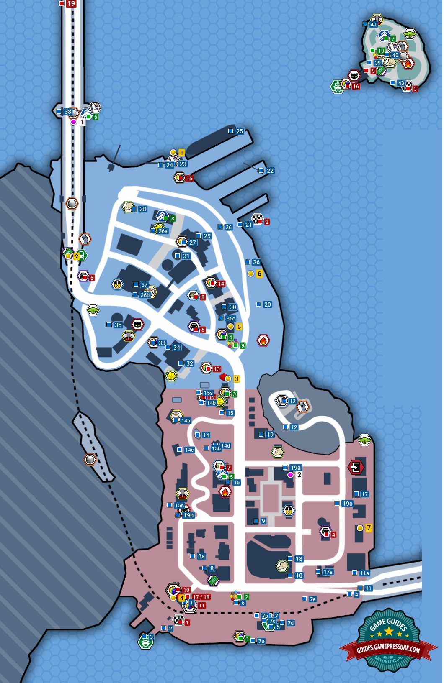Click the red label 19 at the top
click(71, 4)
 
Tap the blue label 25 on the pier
click(239, 131)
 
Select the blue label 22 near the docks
click(270, 171)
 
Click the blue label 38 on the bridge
click(67, 112)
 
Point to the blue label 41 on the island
click(373, 25)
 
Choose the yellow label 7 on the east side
click(369, 528)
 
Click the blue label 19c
click(347, 504)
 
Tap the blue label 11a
click(364, 573)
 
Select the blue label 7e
click(312, 599)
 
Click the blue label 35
click(118, 325)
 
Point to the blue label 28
click(142, 209)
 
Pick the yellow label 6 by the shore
click(259, 274)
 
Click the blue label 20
click(267, 304)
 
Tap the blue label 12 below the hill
click(294, 427)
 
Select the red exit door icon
click(356, 467)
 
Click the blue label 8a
click(201, 556)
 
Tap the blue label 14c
click(189, 450)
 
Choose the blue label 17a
click(328, 572)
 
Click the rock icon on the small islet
click(90, 460)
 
